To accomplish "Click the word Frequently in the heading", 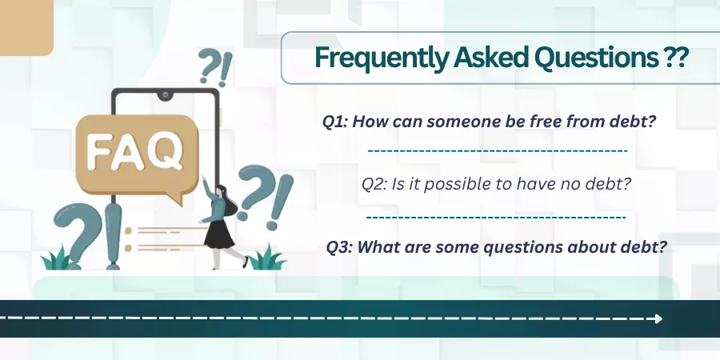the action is [381, 58].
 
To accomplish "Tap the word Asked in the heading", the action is [490, 58].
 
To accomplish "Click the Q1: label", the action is [335, 122].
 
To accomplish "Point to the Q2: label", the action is [374, 185].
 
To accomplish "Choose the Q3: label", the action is [340, 247].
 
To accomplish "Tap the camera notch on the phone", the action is [165, 95].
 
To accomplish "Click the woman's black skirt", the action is [219, 234].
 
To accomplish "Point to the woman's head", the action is [222, 191].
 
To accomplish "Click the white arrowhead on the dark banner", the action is [658, 318].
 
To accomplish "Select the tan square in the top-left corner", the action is [26, 27].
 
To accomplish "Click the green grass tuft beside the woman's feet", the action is [266, 258].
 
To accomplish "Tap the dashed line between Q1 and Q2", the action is [498, 150].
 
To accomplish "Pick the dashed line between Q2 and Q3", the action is [496, 216].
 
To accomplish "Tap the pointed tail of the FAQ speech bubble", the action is [176, 198].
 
